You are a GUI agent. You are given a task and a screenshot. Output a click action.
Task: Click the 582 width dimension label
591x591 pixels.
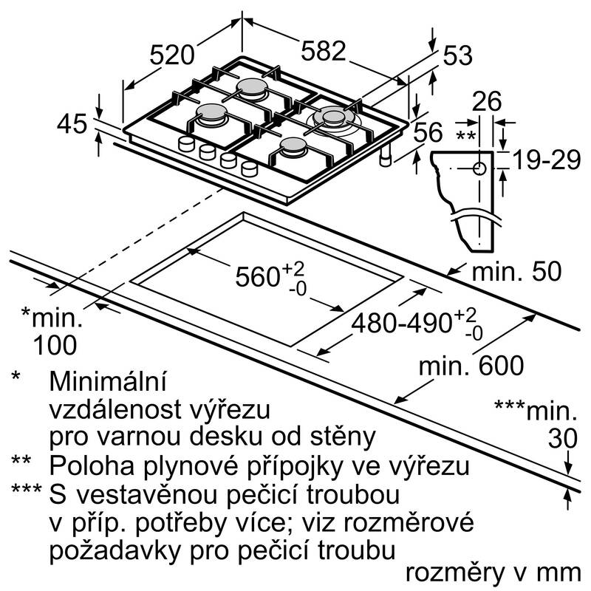coord(323,51)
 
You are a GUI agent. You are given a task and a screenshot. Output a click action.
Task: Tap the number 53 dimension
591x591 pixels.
coord(457,56)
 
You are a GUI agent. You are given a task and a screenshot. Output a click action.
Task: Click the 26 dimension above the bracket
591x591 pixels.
coord(486,102)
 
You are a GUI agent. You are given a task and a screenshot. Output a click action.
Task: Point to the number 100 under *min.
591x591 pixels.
coord(54,344)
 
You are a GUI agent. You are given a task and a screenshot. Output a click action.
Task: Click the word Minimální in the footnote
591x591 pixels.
coord(108,383)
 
